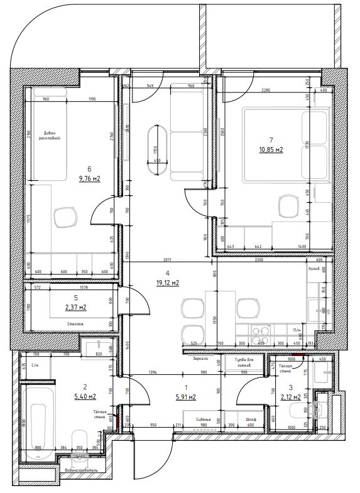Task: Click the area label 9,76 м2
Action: coord(90,178)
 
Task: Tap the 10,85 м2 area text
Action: coord(271,150)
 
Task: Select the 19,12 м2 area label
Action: coord(168,283)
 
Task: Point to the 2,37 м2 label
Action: coord(75,308)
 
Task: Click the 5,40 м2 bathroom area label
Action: coord(84,396)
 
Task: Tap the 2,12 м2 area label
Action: coord(290,397)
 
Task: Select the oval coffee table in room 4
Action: coord(154,151)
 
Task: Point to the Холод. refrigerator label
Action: coord(313,269)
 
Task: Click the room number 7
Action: coord(270,140)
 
